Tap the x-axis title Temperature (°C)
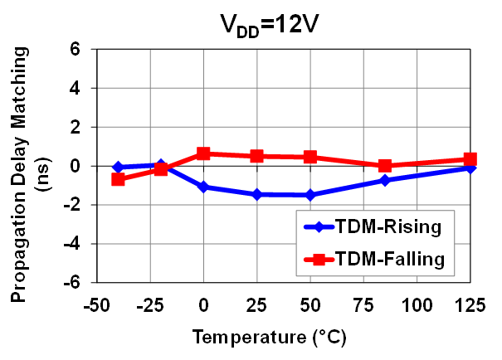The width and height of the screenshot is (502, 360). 269,338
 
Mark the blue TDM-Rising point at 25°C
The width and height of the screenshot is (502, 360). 256,194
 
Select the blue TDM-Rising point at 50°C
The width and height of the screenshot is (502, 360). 310,195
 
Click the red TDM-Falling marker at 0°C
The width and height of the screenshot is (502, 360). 203,153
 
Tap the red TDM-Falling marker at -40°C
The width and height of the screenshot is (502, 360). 119,178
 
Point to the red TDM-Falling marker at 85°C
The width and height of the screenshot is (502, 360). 384,166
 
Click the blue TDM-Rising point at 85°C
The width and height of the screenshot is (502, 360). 384,180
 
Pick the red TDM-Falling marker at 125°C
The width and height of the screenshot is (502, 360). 470,159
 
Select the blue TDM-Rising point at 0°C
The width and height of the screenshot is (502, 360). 203,187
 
